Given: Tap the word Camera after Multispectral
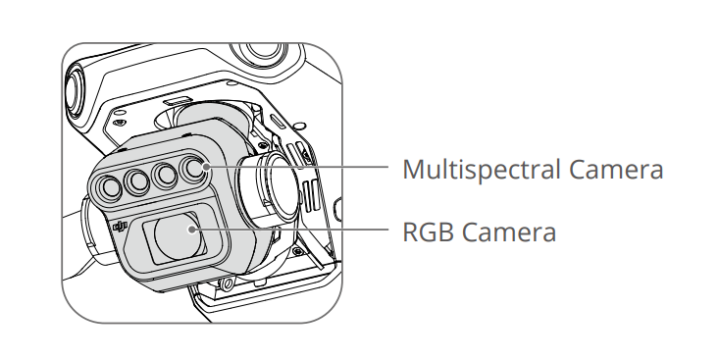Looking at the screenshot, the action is pos(616,170).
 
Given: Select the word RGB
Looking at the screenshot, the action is pos(429,232).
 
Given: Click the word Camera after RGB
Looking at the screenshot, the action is pos(509,232).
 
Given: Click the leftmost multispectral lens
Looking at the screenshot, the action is pos(110,187).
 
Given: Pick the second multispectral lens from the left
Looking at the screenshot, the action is pos(137,181).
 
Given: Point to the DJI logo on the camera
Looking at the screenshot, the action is pos(120,226).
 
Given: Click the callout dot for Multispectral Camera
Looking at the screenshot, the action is pos(206,167).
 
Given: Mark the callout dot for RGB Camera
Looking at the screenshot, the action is pos(193,230).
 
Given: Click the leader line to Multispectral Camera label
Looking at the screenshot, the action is pos(297,167).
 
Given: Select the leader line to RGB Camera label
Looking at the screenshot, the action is pos(290,229).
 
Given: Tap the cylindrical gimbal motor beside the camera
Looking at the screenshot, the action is pos(271,188).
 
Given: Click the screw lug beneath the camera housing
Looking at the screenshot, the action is pos(226,284).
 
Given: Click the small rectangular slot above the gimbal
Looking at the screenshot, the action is pos(176,98).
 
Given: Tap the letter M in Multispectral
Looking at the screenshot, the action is pos(413,170).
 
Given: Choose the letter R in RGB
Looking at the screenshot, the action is pos(410,232).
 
